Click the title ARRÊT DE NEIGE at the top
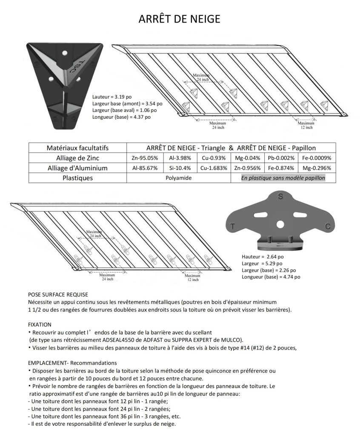[180, 19]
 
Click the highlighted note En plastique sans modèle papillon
[283, 178]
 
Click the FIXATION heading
[40, 324]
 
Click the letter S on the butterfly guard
[280, 196]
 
